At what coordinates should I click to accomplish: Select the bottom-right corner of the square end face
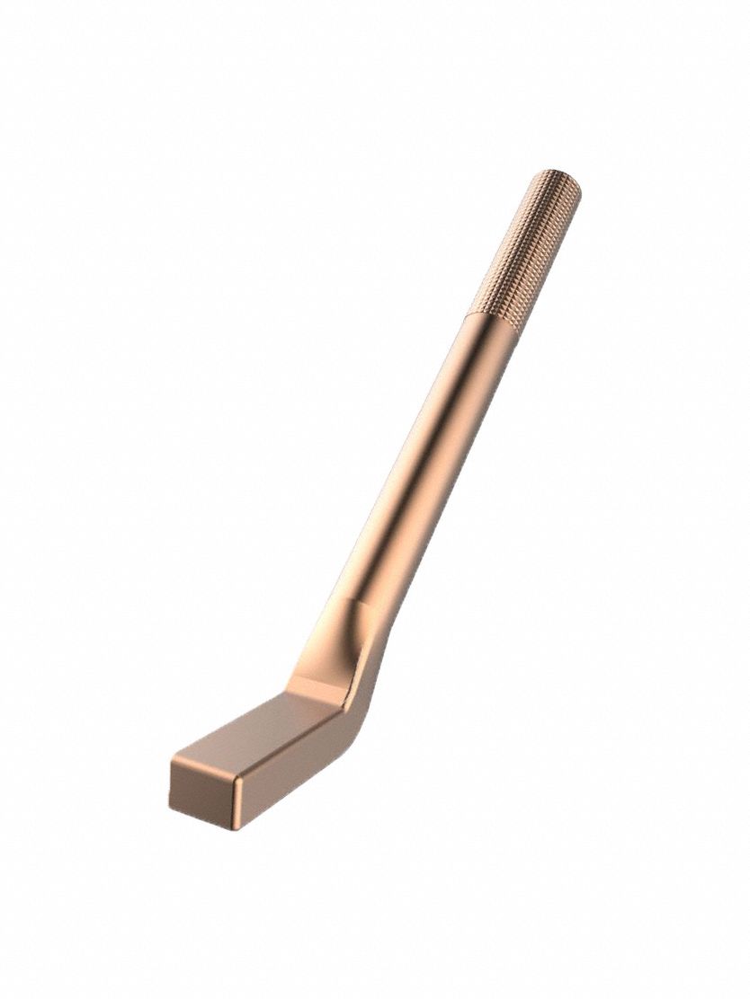pos(237,826)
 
